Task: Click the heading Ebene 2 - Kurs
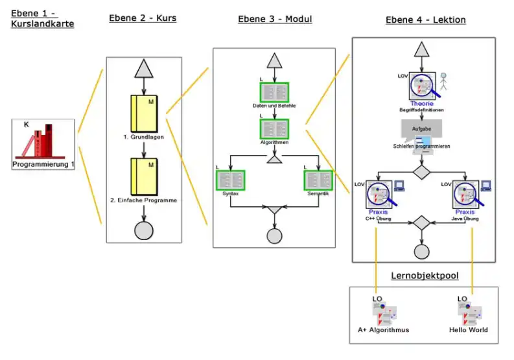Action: [143, 18]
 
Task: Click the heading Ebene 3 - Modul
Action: [275, 19]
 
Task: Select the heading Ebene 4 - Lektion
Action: [425, 20]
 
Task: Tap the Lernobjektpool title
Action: [425, 276]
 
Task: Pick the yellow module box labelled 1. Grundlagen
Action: [143, 114]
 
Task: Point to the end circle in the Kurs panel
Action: [143, 230]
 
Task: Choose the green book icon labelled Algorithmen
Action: [275, 128]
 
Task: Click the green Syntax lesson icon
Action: [230, 180]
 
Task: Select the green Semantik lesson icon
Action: [318, 180]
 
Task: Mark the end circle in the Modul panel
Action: [275, 236]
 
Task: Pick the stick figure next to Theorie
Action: [444, 82]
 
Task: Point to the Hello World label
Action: [469, 330]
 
